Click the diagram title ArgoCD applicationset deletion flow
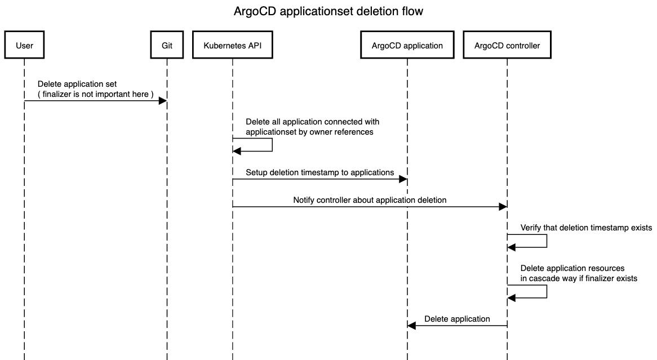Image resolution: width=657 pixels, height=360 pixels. tap(328, 11)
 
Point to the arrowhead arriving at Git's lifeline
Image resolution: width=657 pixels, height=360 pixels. tap(163, 101)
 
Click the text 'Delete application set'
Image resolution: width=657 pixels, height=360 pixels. tap(77, 84)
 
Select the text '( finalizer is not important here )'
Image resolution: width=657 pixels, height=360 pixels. tap(96, 94)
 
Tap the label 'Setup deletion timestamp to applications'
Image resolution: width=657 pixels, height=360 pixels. tap(319, 172)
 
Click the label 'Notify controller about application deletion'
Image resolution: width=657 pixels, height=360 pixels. tap(370, 200)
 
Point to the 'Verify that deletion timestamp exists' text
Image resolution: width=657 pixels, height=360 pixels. tap(586, 228)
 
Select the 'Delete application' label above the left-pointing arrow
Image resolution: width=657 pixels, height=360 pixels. tap(457, 318)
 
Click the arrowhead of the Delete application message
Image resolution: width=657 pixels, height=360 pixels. tap(411, 325)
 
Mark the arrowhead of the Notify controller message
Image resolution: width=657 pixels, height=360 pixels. tap(503, 207)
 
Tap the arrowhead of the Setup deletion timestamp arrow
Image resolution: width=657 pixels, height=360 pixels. tap(403, 179)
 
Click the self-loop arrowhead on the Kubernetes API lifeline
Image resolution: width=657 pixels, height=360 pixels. tap(237, 152)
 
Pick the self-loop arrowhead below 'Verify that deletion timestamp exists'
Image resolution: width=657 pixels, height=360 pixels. tap(511, 247)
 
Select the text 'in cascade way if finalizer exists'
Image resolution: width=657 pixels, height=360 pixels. tap(579, 278)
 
